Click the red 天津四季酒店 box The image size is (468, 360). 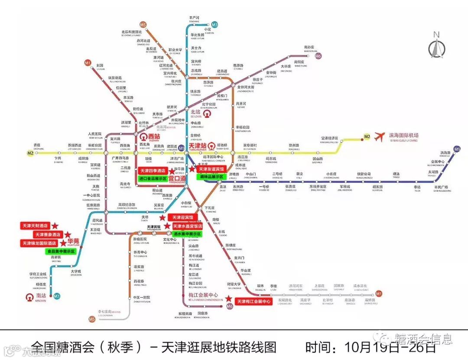click(x=153, y=171)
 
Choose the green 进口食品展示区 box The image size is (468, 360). click(x=153, y=178)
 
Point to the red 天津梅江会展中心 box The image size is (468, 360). click(x=253, y=301)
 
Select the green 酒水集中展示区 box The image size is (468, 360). click(x=187, y=234)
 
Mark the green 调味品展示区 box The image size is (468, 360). click(x=211, y=177)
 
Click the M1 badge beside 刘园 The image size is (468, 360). click(x=88, y=63)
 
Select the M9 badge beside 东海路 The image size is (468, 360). click(x=457, y=149)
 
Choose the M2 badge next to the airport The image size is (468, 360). click(x=367, y=137)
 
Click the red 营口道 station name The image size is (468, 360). click(x=177, y=178)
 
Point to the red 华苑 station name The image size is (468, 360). click(x=73, y=241)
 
